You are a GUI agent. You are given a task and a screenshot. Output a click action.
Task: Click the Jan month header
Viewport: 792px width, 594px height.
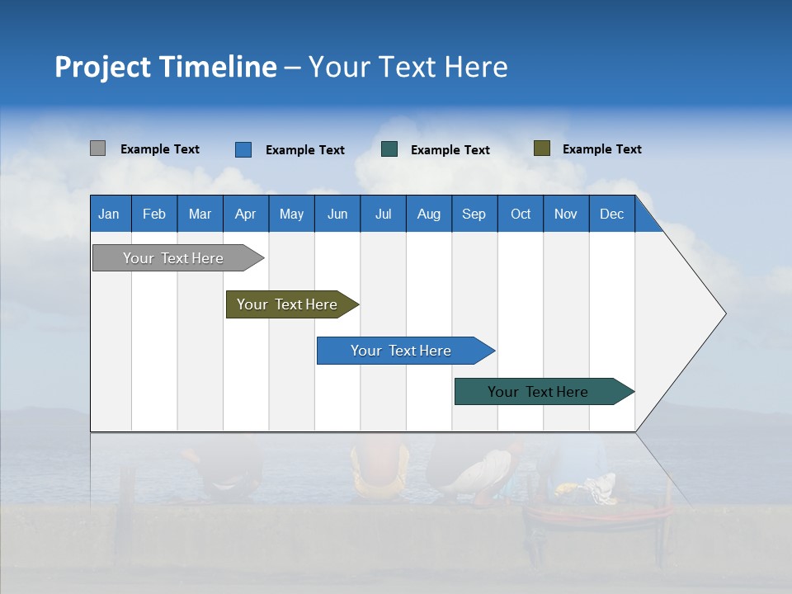click(109, 214)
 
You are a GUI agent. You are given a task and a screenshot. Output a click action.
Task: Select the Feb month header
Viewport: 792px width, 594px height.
click(154, 214)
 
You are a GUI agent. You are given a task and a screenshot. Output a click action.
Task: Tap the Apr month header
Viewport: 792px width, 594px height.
click(245, 214)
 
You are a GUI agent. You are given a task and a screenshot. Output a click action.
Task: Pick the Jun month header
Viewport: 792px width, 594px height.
click(337, 214)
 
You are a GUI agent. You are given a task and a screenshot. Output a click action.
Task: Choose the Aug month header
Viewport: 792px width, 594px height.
click(428, 214)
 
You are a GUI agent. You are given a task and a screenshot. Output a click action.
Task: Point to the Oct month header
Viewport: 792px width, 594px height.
click(521, 214)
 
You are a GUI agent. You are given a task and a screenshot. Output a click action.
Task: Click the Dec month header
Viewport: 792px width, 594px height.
click(611, 214)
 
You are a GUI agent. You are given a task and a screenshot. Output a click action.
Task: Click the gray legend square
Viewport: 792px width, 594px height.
click(97, 148)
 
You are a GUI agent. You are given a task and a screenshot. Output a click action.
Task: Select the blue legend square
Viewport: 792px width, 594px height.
click(243, 149)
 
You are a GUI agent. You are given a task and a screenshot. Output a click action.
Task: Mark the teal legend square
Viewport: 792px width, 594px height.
click(389, 149)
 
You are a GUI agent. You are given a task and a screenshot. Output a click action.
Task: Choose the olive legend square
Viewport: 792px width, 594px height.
click(541, 148)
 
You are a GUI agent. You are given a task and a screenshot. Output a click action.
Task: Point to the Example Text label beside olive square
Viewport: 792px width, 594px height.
click(601, 149)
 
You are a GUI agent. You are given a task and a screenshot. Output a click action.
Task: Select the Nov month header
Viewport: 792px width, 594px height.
click(566, 214)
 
